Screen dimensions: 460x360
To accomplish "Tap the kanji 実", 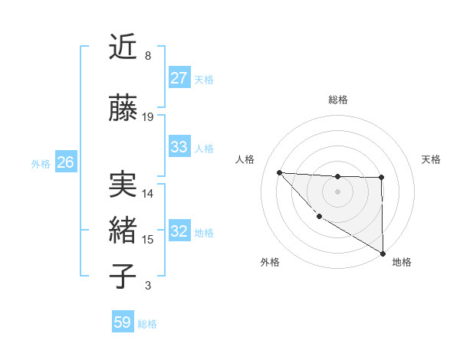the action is (x=123, y=185).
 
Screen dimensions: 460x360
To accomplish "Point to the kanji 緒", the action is (x=123, y=231).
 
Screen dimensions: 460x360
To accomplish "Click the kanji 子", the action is (x=123, y=276).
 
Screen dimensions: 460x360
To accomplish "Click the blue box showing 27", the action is (x=179, y=77).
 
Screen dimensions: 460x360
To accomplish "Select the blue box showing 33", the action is (x=179, y=147).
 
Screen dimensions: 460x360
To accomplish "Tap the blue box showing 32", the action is (x=179, y=231).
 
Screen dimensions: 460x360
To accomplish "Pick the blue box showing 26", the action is (x=65, y=162).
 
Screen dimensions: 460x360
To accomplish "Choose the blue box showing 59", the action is (x=123, y=322).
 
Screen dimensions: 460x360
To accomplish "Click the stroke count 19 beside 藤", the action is (x=148, y=117).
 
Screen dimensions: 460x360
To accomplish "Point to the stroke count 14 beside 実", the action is (x=148, y=194).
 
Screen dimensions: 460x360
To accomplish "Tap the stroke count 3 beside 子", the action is (x=147, y=286).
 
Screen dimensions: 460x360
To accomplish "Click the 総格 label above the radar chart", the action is (x=338, y=100).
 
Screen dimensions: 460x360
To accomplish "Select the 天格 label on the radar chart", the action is (x=431, y=159).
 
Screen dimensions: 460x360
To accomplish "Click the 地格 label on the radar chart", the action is (x=402, y=262).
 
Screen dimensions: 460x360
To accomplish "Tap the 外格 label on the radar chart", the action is (x=270, y=262).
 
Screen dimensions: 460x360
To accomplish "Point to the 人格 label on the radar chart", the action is (x=245, y=159).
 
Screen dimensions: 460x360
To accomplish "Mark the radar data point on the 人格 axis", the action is (x=279, y=172).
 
